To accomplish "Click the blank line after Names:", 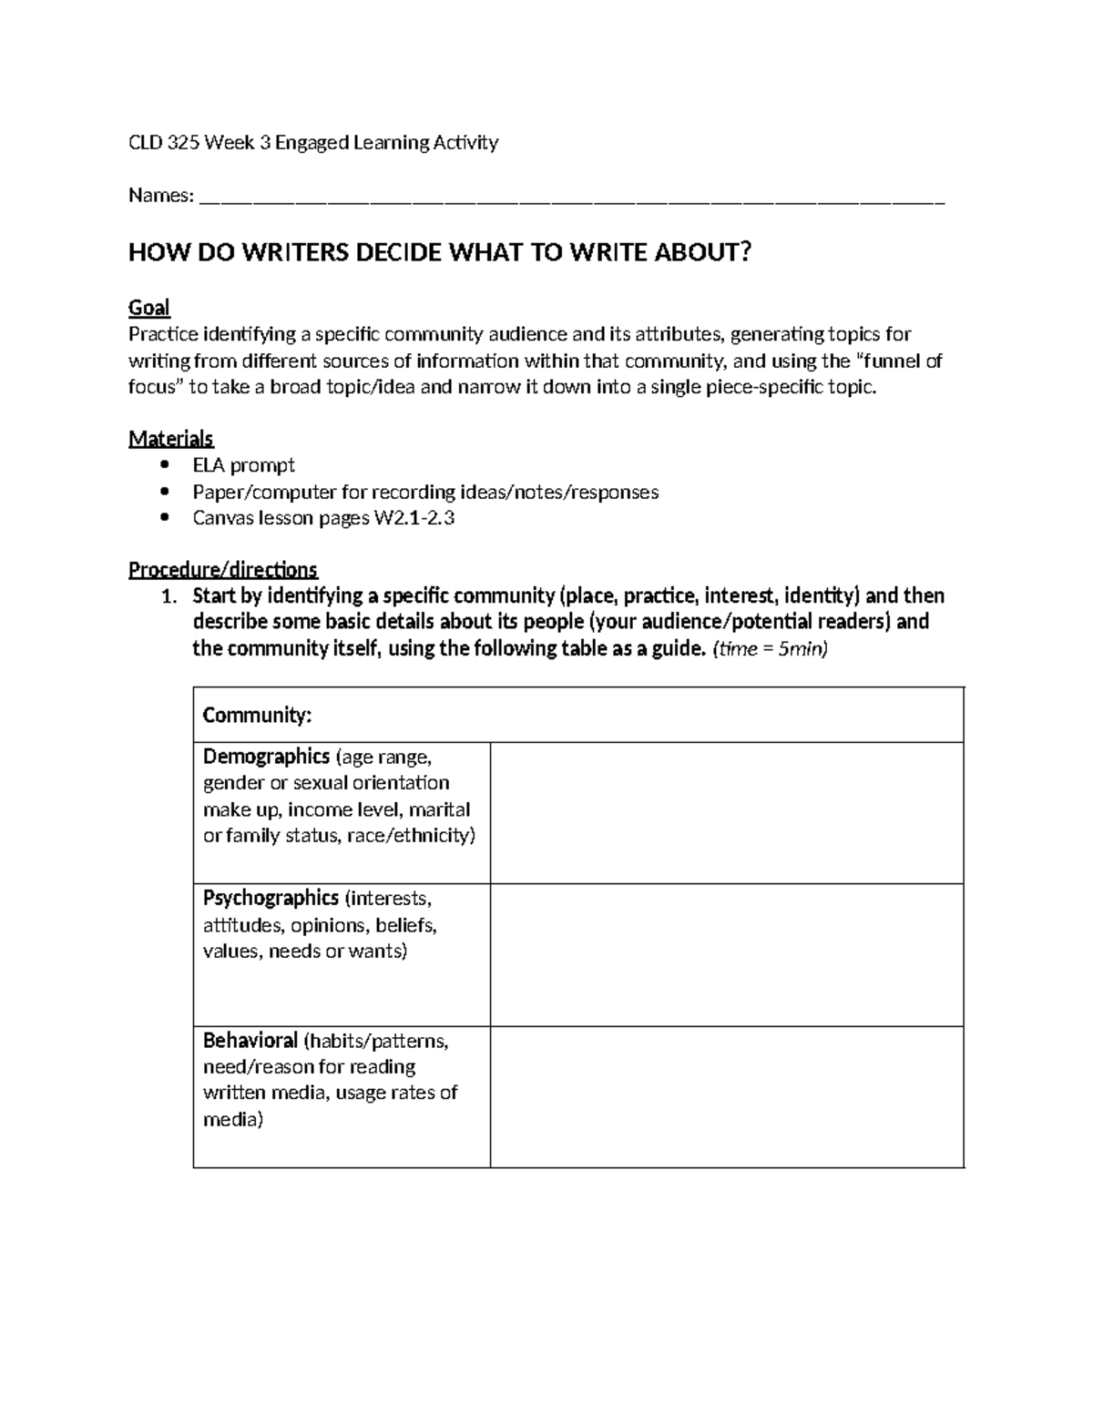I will tap(571, 196).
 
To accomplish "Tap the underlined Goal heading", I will tap(148, 308).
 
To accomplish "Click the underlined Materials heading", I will tap(170, 439).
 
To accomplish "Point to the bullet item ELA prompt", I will tap(243, 465).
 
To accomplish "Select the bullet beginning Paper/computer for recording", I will tap(424, 493).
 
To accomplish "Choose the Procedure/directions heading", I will tap(222, 570).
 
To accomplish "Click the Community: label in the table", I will tap(257, 715).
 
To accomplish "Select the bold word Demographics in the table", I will tap(266, 757).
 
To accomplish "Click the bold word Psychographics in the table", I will tap(271, 899).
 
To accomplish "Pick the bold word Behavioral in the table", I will tap(250, 1041).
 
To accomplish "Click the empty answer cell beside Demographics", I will tap(726, 812).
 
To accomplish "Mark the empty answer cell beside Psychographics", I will tap(726, 954).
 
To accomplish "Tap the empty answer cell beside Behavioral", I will tap(726, 1096).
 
